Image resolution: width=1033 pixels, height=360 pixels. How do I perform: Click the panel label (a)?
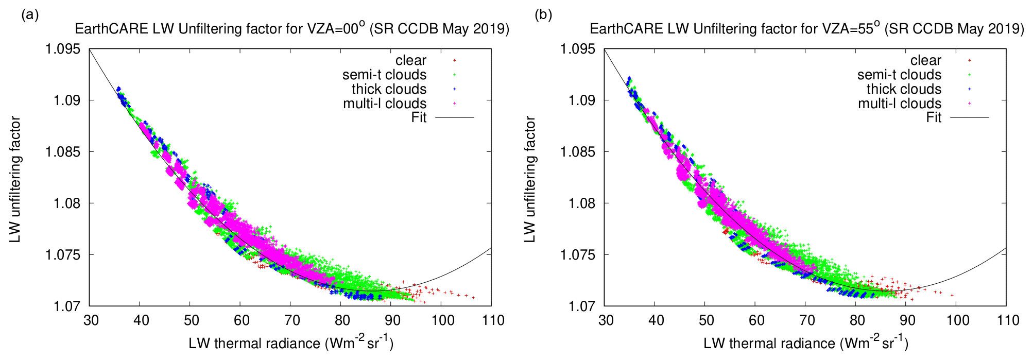[x=30, y=15]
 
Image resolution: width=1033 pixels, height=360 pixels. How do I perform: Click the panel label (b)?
[x=544, y=15]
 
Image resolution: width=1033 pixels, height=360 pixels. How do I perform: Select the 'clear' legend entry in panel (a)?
[x=410, y=60]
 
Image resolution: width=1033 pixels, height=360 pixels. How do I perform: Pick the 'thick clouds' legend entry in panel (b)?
[x=904, y=89]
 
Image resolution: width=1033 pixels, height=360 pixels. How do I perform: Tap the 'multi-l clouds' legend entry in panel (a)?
[x=385, y=104]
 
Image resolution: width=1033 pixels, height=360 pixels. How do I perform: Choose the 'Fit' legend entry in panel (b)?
[x=934, y=117]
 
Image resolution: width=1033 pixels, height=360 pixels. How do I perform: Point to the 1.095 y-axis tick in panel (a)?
[x=63, y=49]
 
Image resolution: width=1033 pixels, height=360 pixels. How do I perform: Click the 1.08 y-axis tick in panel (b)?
[x=581, y=203]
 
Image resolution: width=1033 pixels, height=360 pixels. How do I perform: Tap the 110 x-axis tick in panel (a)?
[x=491, y=320]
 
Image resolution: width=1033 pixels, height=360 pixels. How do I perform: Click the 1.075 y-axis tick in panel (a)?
[x=63, y=254]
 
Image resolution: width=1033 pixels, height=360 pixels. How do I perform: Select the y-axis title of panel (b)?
[x=530, y=179]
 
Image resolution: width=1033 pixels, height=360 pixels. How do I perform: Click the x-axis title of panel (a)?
[x=291, y=343]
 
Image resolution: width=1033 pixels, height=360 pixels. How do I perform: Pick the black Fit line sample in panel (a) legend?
[x=454, y=117]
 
